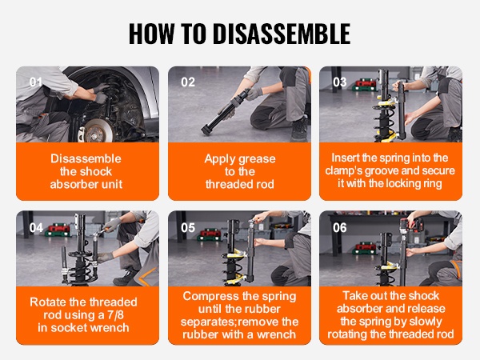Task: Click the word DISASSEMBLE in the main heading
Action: click(282, 34)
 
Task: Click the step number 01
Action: click(36, 82)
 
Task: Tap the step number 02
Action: click(188, 82)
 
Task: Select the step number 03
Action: click(339, 82)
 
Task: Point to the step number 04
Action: click(36, 228)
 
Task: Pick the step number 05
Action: click(188, 228)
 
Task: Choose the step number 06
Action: click(339, 228)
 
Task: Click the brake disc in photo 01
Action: click(95, 131)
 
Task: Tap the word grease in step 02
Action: click(257, 159)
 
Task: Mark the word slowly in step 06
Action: click(426, 322)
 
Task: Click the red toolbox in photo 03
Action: click(365, 85)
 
